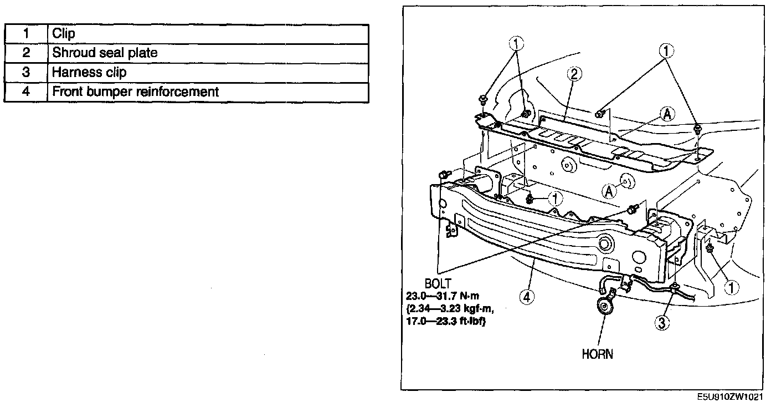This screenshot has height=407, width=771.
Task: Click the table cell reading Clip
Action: pyautogui.click(x=208, y=34)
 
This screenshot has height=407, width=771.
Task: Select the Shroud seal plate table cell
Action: pyautogui.click(x=208, y=53)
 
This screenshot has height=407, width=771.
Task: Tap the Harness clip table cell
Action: pyautogui.click(x=208, y=73)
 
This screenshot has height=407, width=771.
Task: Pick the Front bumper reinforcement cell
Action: pyautogui.click(x=208, y=92)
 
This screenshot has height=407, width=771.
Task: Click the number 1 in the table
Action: pyautogui.click(x=26, y=34)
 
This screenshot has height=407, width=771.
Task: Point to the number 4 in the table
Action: pyautogui.click(x=26, y=91)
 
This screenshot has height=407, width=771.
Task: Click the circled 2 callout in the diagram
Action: pyautogui.click(x=574, y=74)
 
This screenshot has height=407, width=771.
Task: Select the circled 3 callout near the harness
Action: pyautogui.click(x=662, y=323)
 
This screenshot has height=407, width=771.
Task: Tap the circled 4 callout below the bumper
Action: pyautogui.click(x=527, y=297)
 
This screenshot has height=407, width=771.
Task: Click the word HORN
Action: pyautogui.click(x=597, y=354)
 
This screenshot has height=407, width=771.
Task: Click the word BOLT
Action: pyautogui.click(x=438, y=283)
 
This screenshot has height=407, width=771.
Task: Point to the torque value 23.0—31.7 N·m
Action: pyautogui.click(x=443, y=296)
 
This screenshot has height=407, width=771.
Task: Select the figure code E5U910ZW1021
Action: pyautogui.click(x=729, y=397)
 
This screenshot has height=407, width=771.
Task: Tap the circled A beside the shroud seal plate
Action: pyautogui.click(x=667, y=114)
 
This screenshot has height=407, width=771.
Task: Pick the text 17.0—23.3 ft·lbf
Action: pyautogui.click(x=446, y=322)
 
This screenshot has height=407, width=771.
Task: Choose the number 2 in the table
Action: pyautogui.click(x=26, y=53)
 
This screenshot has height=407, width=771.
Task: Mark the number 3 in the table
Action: pyautogui.click(x=26, y=73)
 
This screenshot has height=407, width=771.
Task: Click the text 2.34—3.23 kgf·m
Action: pyautogui.click(x=450, y=309)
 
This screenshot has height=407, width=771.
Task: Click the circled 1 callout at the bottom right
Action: pyautogui.click(x=731, y=288)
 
